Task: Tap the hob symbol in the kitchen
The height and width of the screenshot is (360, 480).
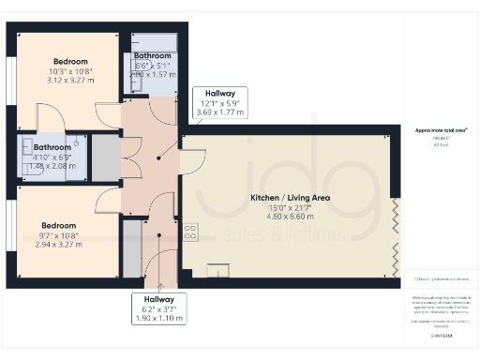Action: coord(190,231)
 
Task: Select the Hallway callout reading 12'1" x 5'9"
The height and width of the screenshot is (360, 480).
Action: coord(219,101)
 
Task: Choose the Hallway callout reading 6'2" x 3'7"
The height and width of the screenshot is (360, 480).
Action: coord(158,308)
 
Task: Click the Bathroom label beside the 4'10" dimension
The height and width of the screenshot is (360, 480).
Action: coord(52,147)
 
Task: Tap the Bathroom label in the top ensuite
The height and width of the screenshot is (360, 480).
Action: coord(152,57)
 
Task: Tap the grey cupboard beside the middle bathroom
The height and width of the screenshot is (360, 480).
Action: coord(106,157)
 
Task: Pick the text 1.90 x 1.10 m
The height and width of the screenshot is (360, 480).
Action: coord(158,319)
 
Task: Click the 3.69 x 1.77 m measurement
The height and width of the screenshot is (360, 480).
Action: coord(219,112)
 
